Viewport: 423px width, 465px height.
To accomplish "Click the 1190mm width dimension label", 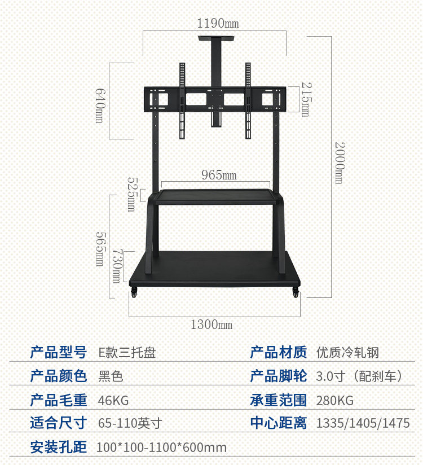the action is [x=217, y=24].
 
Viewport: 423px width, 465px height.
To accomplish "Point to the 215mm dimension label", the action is [x=305, y=99].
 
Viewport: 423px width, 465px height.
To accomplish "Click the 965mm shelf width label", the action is [x=219, y=175].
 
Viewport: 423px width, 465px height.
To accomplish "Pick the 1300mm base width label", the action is [x=211, y=324].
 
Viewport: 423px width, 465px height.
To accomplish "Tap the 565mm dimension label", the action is [x=99, y=249].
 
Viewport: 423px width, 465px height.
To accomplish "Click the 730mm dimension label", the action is [x=116, y=266].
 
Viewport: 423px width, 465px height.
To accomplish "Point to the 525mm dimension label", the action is [x=131, y=194].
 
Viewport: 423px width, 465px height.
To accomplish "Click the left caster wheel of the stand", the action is [x=134, y=293].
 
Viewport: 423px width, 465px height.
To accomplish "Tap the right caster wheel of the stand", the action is [x=295, y=293].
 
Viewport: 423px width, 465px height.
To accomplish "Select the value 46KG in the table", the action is [x=113, y=401].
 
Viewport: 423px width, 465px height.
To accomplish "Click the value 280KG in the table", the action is [x=335, y=401].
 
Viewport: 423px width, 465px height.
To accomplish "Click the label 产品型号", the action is [x=58, y=353].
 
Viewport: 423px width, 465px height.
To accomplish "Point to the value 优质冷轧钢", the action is [x=347, y=353].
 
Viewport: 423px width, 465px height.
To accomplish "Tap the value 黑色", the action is [x=111, y=376].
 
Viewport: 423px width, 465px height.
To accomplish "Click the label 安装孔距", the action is [x=58, y=448].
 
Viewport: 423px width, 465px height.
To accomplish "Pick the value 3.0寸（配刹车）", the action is [x=359, y=376].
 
